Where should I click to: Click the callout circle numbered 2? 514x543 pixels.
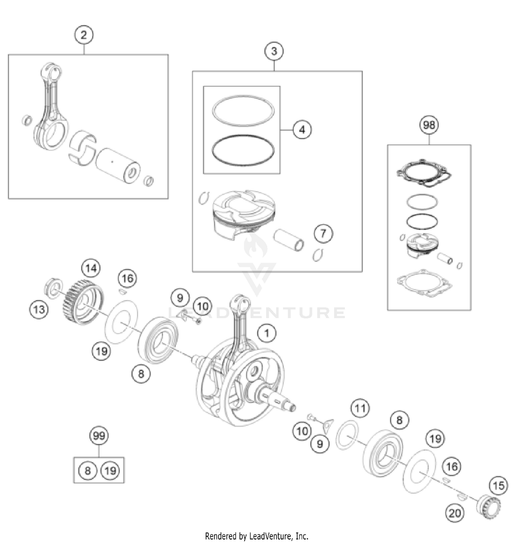(x=84, y=35)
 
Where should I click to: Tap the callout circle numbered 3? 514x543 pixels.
(x=274, y=51)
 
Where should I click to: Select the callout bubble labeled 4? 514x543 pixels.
(x=302, y=130)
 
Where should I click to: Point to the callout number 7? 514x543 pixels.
(x=323, y=233)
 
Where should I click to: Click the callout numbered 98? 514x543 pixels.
(x=429, y=125)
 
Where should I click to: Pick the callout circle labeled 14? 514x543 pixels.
(x=91, y=268)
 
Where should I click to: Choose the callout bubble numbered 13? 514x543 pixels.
(x=39, y=310)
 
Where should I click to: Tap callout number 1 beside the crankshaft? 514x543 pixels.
(x=267, y=333)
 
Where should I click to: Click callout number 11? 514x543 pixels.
(x=360, y=408)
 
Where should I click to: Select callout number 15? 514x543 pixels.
(x=498, y=485)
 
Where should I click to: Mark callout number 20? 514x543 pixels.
(x=455, y=513)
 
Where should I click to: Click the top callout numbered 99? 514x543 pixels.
(x=99, y=436)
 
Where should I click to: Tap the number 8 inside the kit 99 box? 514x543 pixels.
(x=87, y=470)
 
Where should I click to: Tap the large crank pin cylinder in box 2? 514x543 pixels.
(x=118, y=165)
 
